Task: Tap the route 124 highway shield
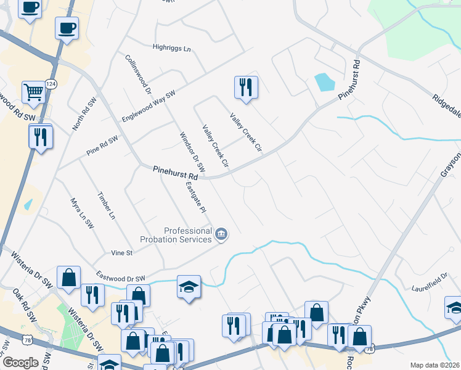click(x=51, y=84)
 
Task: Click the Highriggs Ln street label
click(x=172, y=47)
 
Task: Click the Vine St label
click(x=121, y=253)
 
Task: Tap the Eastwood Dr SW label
click(x=120, y=278)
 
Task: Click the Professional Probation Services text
click(x=188, y=235)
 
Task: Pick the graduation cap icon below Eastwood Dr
click(x=189, y=286)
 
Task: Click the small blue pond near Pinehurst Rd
click(x=322, y=81)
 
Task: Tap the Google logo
click(x=20, y=363)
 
